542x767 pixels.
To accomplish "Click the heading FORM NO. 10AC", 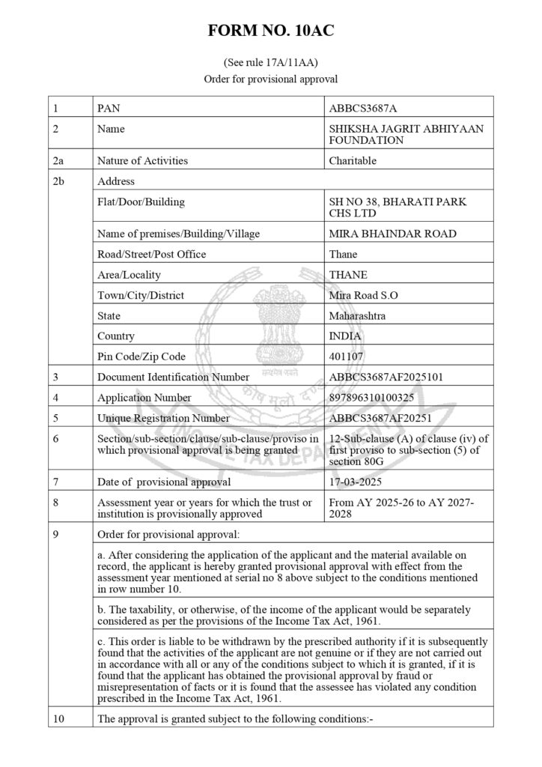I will pos(271,31).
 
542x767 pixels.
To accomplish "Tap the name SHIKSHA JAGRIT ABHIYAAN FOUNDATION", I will pos(406,134).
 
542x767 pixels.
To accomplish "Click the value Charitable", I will pos(353,160).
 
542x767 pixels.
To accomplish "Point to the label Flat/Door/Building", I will pos(141,201).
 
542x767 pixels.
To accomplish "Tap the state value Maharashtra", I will pos(357,316).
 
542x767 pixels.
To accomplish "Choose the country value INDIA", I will pos(345,336).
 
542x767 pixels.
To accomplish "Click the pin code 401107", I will pos(347,357).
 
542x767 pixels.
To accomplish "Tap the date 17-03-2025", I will pos(357,482).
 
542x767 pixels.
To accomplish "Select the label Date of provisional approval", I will pos(164,482).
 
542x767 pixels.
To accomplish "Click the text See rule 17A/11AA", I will pos(271,62).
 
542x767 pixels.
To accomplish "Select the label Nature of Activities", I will pos(142,160).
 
